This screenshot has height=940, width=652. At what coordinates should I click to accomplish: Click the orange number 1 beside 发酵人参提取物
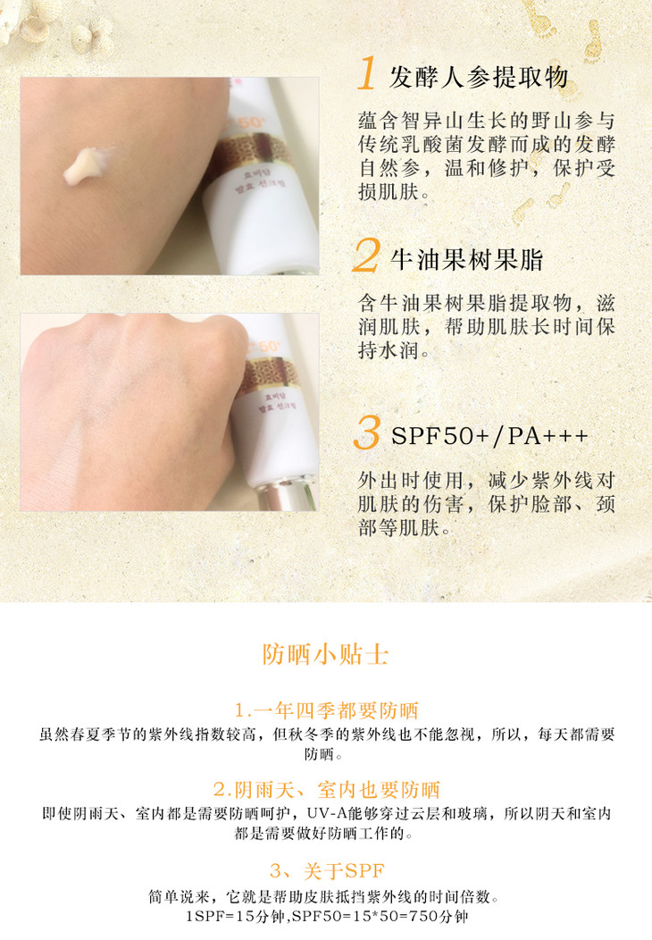coord(367,73)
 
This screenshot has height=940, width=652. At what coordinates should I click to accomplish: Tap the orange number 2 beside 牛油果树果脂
coord(366,255)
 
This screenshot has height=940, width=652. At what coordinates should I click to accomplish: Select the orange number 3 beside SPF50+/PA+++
coord(367,432)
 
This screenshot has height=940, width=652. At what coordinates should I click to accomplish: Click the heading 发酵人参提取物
coord(478,78)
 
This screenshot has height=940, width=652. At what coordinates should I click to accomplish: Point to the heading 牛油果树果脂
coord(467,260)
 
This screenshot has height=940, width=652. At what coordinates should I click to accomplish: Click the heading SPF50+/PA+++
coord(489,436)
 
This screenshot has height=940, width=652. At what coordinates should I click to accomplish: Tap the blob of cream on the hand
coord(85,166)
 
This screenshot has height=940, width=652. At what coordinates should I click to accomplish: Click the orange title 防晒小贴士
coord(325,654)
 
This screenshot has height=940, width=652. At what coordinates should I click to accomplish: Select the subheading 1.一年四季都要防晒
coord(326,710)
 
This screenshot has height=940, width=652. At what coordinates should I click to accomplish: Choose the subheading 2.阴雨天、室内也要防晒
coord(326,790)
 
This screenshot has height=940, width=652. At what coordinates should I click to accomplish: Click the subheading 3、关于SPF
coord(327,870)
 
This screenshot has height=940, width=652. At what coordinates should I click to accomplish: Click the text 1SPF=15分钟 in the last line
coord(235,916)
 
